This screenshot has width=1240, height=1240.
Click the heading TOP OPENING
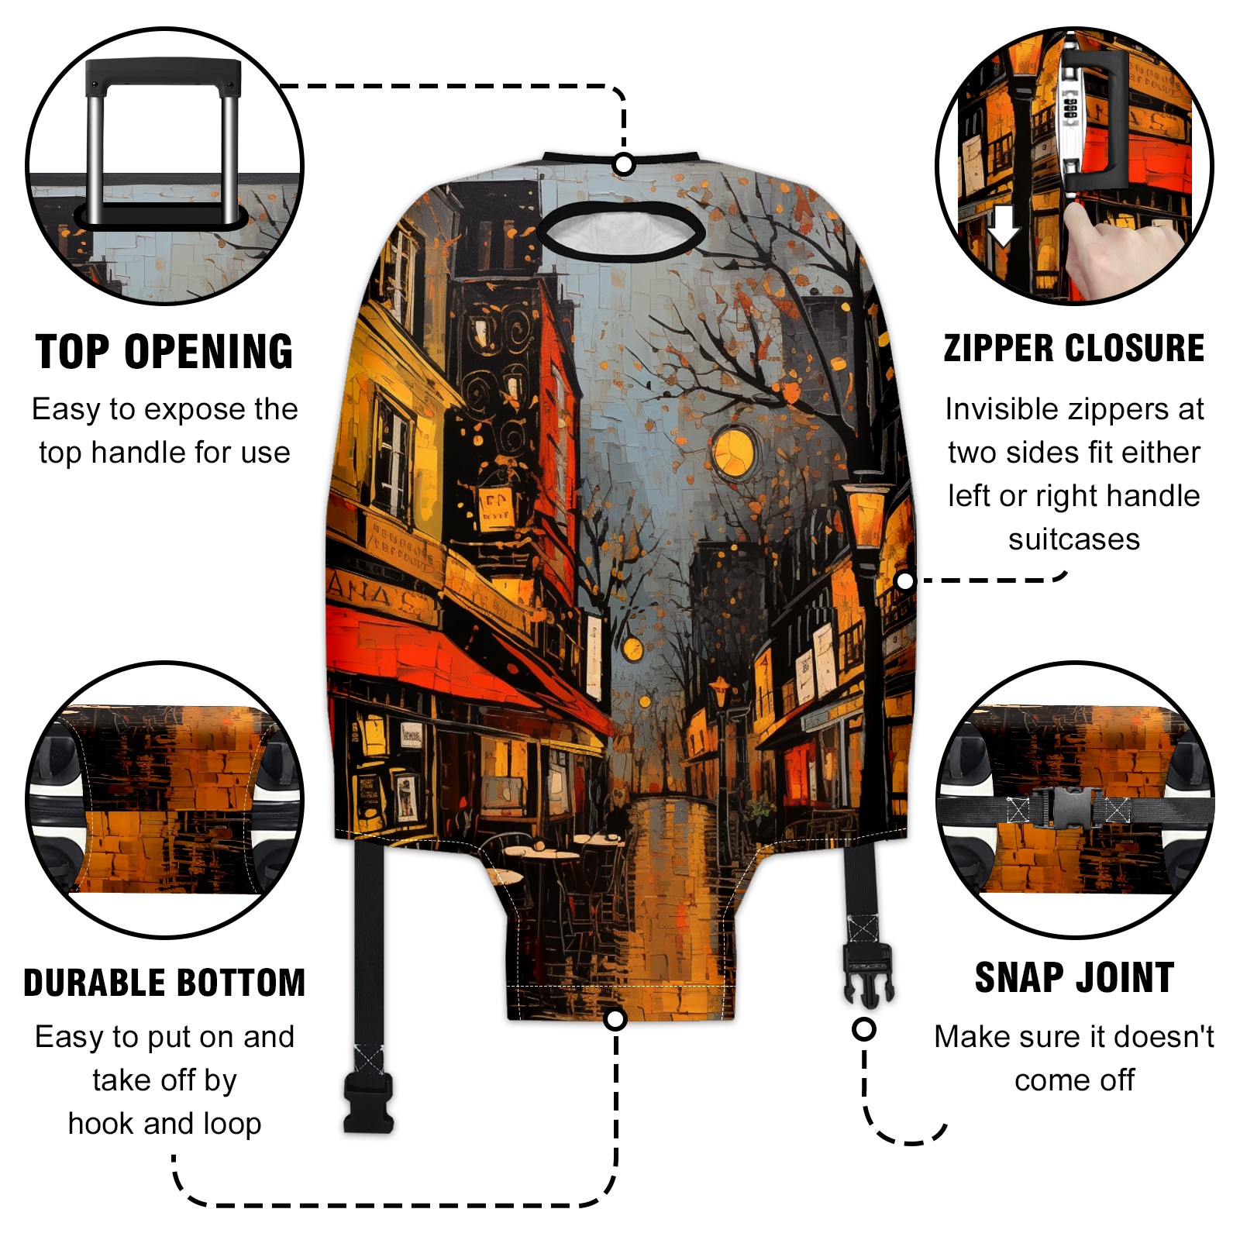coord(164,352)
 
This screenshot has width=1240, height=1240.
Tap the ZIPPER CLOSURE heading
coord(1074,348)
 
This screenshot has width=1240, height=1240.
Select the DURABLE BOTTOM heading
coord(164,983)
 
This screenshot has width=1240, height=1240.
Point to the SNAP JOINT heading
coord(1074,977)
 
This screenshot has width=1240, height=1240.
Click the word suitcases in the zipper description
coord(1074,539)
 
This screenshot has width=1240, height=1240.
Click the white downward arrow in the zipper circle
coord(1003,225)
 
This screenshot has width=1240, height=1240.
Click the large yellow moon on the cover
coord(733,450)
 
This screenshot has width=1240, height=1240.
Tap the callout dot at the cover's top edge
coord(624,164)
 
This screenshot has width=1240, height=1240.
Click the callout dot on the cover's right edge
coord(904,580)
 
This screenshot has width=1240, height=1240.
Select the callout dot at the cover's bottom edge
coord(615,1019)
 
